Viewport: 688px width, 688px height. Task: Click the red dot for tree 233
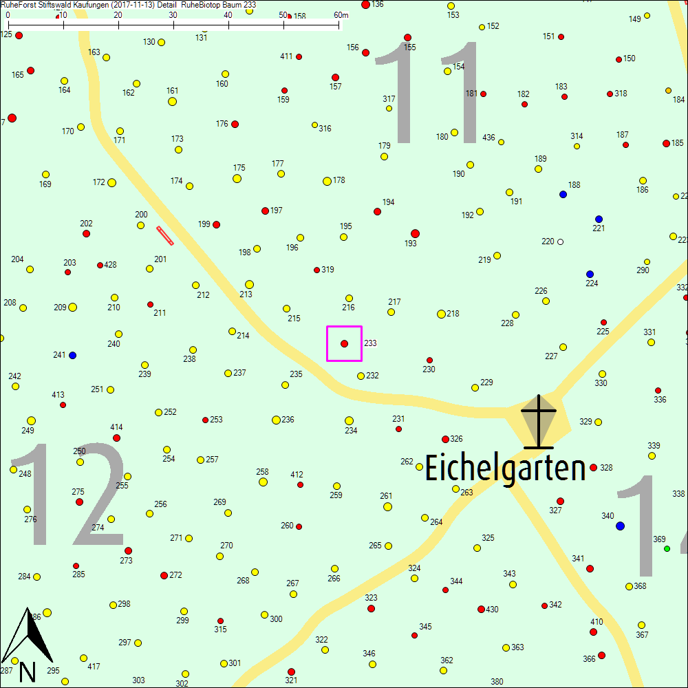pos(344,343)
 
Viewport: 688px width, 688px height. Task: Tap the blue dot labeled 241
pos(72,355)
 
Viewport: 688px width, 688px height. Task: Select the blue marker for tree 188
pos(563,194)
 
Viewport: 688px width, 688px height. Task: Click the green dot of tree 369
pos(667,548)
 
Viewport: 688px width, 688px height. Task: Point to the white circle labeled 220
pos(560,241)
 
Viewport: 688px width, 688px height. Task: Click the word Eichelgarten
pos(505,469)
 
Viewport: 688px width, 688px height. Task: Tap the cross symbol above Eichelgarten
pos(538,422)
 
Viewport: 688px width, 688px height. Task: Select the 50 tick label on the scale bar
pos(283,15)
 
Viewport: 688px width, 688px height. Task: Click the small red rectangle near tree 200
pos(165,235)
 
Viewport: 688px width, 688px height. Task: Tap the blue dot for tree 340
pos(620,526)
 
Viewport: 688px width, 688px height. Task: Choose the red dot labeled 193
pos(414,233)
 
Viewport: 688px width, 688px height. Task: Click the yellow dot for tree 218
pos(441,314)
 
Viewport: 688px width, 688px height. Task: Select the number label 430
pos(492,610)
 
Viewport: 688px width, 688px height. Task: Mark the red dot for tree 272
pos(164,575)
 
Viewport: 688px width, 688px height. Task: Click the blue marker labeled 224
pos(590,274)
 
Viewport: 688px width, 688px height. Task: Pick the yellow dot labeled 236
pos(276,420)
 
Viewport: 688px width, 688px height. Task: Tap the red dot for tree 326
pos(445,439)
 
